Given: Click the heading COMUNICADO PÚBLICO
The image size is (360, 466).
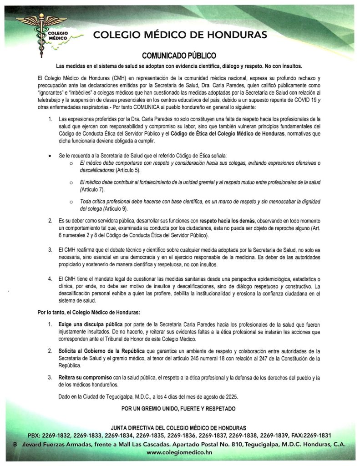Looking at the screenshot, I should coord(179,56).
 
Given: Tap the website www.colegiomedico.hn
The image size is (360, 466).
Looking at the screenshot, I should coord(179,452).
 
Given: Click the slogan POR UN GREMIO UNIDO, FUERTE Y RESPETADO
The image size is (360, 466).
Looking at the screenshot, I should coord(179,409).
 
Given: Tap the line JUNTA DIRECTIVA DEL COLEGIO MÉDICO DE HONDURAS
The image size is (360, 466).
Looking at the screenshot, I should coord(179,428).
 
